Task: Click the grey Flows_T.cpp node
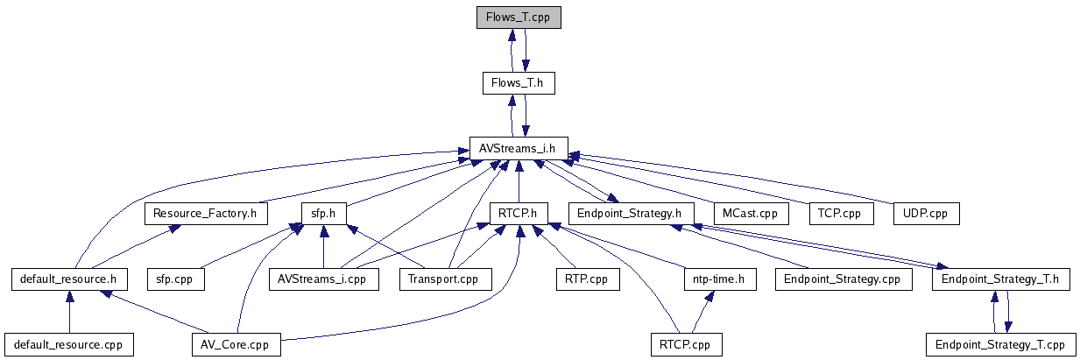point(518,18)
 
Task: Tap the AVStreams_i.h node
point(518,148)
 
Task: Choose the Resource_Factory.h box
point(205,214)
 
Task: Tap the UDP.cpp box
point(926,214)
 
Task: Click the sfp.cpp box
point(175,279)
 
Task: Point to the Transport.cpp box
point(445,279)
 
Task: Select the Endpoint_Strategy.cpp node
point(843,279)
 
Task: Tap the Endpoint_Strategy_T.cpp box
point(1000,345)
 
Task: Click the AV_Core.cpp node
point(236,345)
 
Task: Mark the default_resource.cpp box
point(69,345)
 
